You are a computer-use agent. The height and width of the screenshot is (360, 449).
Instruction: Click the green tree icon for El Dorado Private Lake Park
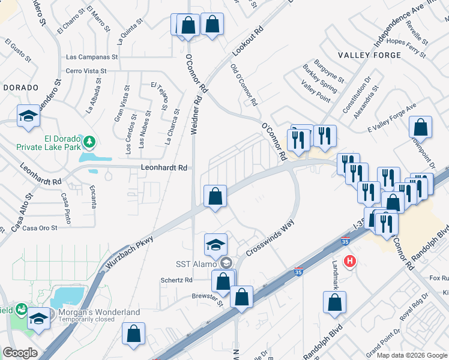pyautogui.click(x=89, y=142)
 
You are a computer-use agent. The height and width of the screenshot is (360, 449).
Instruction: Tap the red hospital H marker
pyautogui.click(x=350, y=261)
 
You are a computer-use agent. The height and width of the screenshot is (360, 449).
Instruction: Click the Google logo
pyautogui.click(x=20, y=353)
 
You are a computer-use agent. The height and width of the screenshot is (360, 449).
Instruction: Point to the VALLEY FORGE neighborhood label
pyautogui.click(x=369, y=55)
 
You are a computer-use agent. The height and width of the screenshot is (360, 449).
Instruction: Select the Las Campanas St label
pyautogui.click(x=91, y=58)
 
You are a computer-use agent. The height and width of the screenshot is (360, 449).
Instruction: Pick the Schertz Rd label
pyautogui.click(x=176, y=280)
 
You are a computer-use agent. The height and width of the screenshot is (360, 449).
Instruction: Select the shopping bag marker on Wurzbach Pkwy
pyautogui.click(x=215, y=196)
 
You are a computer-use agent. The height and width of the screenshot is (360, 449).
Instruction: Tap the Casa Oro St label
pyautogui.click(x=40, y=228)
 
